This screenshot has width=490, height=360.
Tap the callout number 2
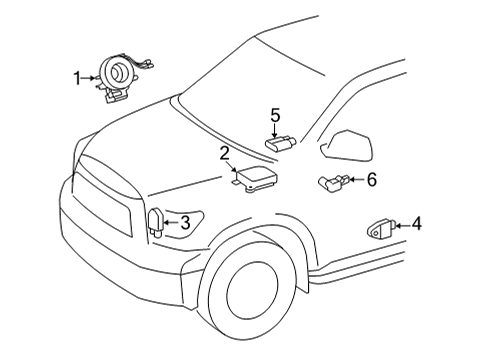click(226, 152)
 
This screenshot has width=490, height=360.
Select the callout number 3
click(185, 223)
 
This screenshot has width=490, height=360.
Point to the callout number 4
click(417, 224)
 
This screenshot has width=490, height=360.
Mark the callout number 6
click(371, 180)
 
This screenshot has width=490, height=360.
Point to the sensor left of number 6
click(335, 183)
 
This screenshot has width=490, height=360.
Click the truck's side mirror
click(347, 145)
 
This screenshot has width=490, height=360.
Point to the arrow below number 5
click(277, 128)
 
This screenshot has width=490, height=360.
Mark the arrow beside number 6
click(356, 181)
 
